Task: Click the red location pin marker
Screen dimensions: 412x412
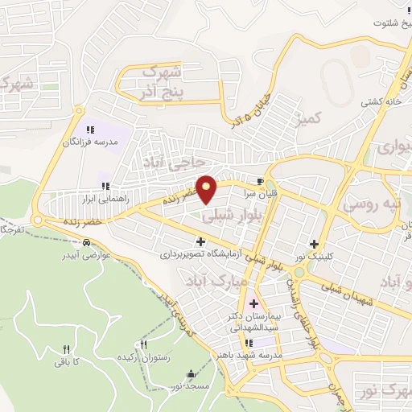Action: click(x=208, y=188)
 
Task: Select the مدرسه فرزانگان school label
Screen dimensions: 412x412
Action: click(x=90, y=142)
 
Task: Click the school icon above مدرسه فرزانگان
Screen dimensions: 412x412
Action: click(x=90, y=129)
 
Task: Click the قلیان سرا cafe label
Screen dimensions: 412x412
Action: click(x=259, y=193)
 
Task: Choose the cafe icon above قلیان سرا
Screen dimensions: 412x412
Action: click(x=259, y=181)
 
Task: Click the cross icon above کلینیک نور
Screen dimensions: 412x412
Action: click(x=314, y=244)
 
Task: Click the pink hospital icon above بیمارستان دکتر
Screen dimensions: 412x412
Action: click(x=254, y=303)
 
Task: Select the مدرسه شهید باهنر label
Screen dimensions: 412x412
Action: click(x=255, y=354)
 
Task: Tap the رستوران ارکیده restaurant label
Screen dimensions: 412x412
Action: click(x=144, y=356)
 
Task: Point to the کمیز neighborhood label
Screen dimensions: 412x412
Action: click(x=307, y=119)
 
